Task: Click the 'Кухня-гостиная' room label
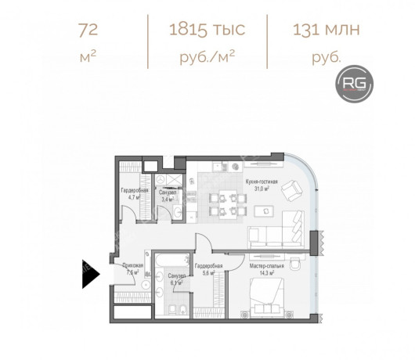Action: (x=258, y=181)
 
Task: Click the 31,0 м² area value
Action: (x=258, y=189)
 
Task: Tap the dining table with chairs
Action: (x=225, y=200)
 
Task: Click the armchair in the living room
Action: (x=291, y=189)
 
